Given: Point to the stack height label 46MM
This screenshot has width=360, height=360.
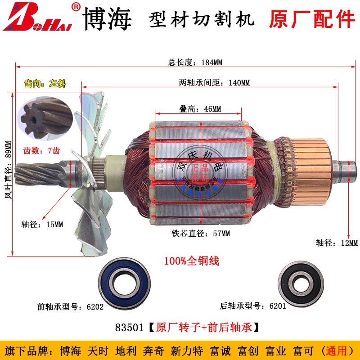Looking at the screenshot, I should coord(198,108).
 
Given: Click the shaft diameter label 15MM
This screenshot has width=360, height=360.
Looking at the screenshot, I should coord(42,224).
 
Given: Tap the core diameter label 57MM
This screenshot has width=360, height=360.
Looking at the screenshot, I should coord(200,234).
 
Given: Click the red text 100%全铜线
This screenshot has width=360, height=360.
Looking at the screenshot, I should coord(191,261).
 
